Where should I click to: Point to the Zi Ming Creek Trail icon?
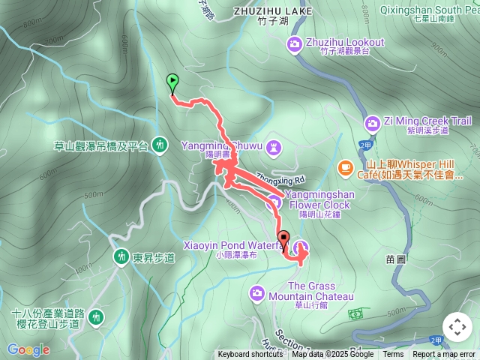372,123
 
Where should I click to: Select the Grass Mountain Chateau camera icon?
258,292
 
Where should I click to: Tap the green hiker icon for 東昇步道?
121,257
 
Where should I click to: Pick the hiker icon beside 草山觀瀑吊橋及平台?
159,145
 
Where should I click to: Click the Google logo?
28,349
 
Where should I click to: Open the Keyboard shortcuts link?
250,355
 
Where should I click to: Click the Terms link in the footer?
393,355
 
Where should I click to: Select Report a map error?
444,355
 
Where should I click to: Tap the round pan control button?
457,327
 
